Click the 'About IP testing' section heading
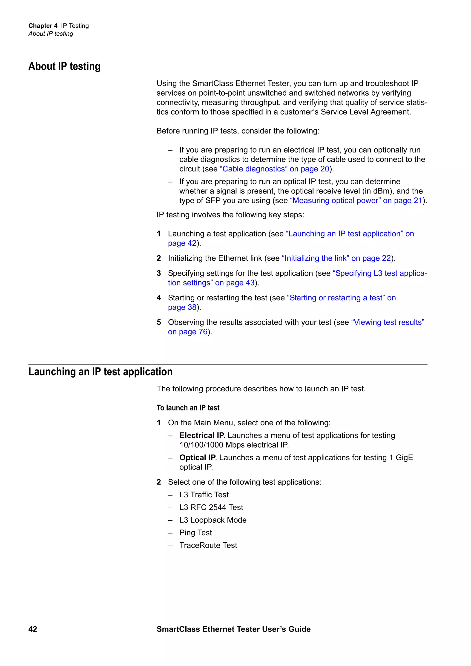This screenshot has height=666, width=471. pyautogui.click(x=64, y=66)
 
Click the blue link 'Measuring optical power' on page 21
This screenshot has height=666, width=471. pyautogui.click(x=356, y=200)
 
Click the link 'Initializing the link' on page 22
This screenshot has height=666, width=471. pyautogui.click(x=336, y=258)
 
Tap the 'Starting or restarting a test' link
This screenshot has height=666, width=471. pyautogui.click(x=341, y=298)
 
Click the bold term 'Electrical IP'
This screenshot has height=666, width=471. pyautogui.click(x=201, y=435)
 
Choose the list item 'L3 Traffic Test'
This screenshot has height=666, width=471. pyautogui.click(x=204, y=495)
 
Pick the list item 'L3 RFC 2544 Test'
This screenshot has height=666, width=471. pyautogui.click(x=211, y=507)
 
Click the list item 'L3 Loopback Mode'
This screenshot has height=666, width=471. pyautogui.click(x=213, y=520)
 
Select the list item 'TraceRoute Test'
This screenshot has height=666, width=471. pyautogui.click(x=208, y=545)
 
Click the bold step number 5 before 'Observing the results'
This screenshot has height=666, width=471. pyautogui.click(x=159, y=322)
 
